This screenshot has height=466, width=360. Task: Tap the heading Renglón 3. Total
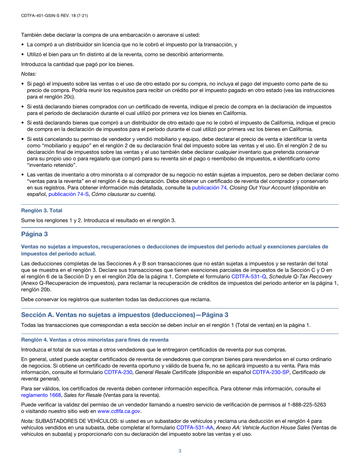coord(42,210)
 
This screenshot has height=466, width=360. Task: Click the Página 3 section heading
coord(34,235)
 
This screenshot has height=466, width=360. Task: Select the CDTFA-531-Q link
coord(249,277)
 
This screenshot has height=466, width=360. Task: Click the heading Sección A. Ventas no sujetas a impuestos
coord(125,315)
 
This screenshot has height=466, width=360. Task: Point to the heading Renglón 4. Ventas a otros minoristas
coord(95,339)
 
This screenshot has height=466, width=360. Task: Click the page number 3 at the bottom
coord(180,450)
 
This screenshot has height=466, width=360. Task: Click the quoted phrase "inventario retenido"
coord(48,165)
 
